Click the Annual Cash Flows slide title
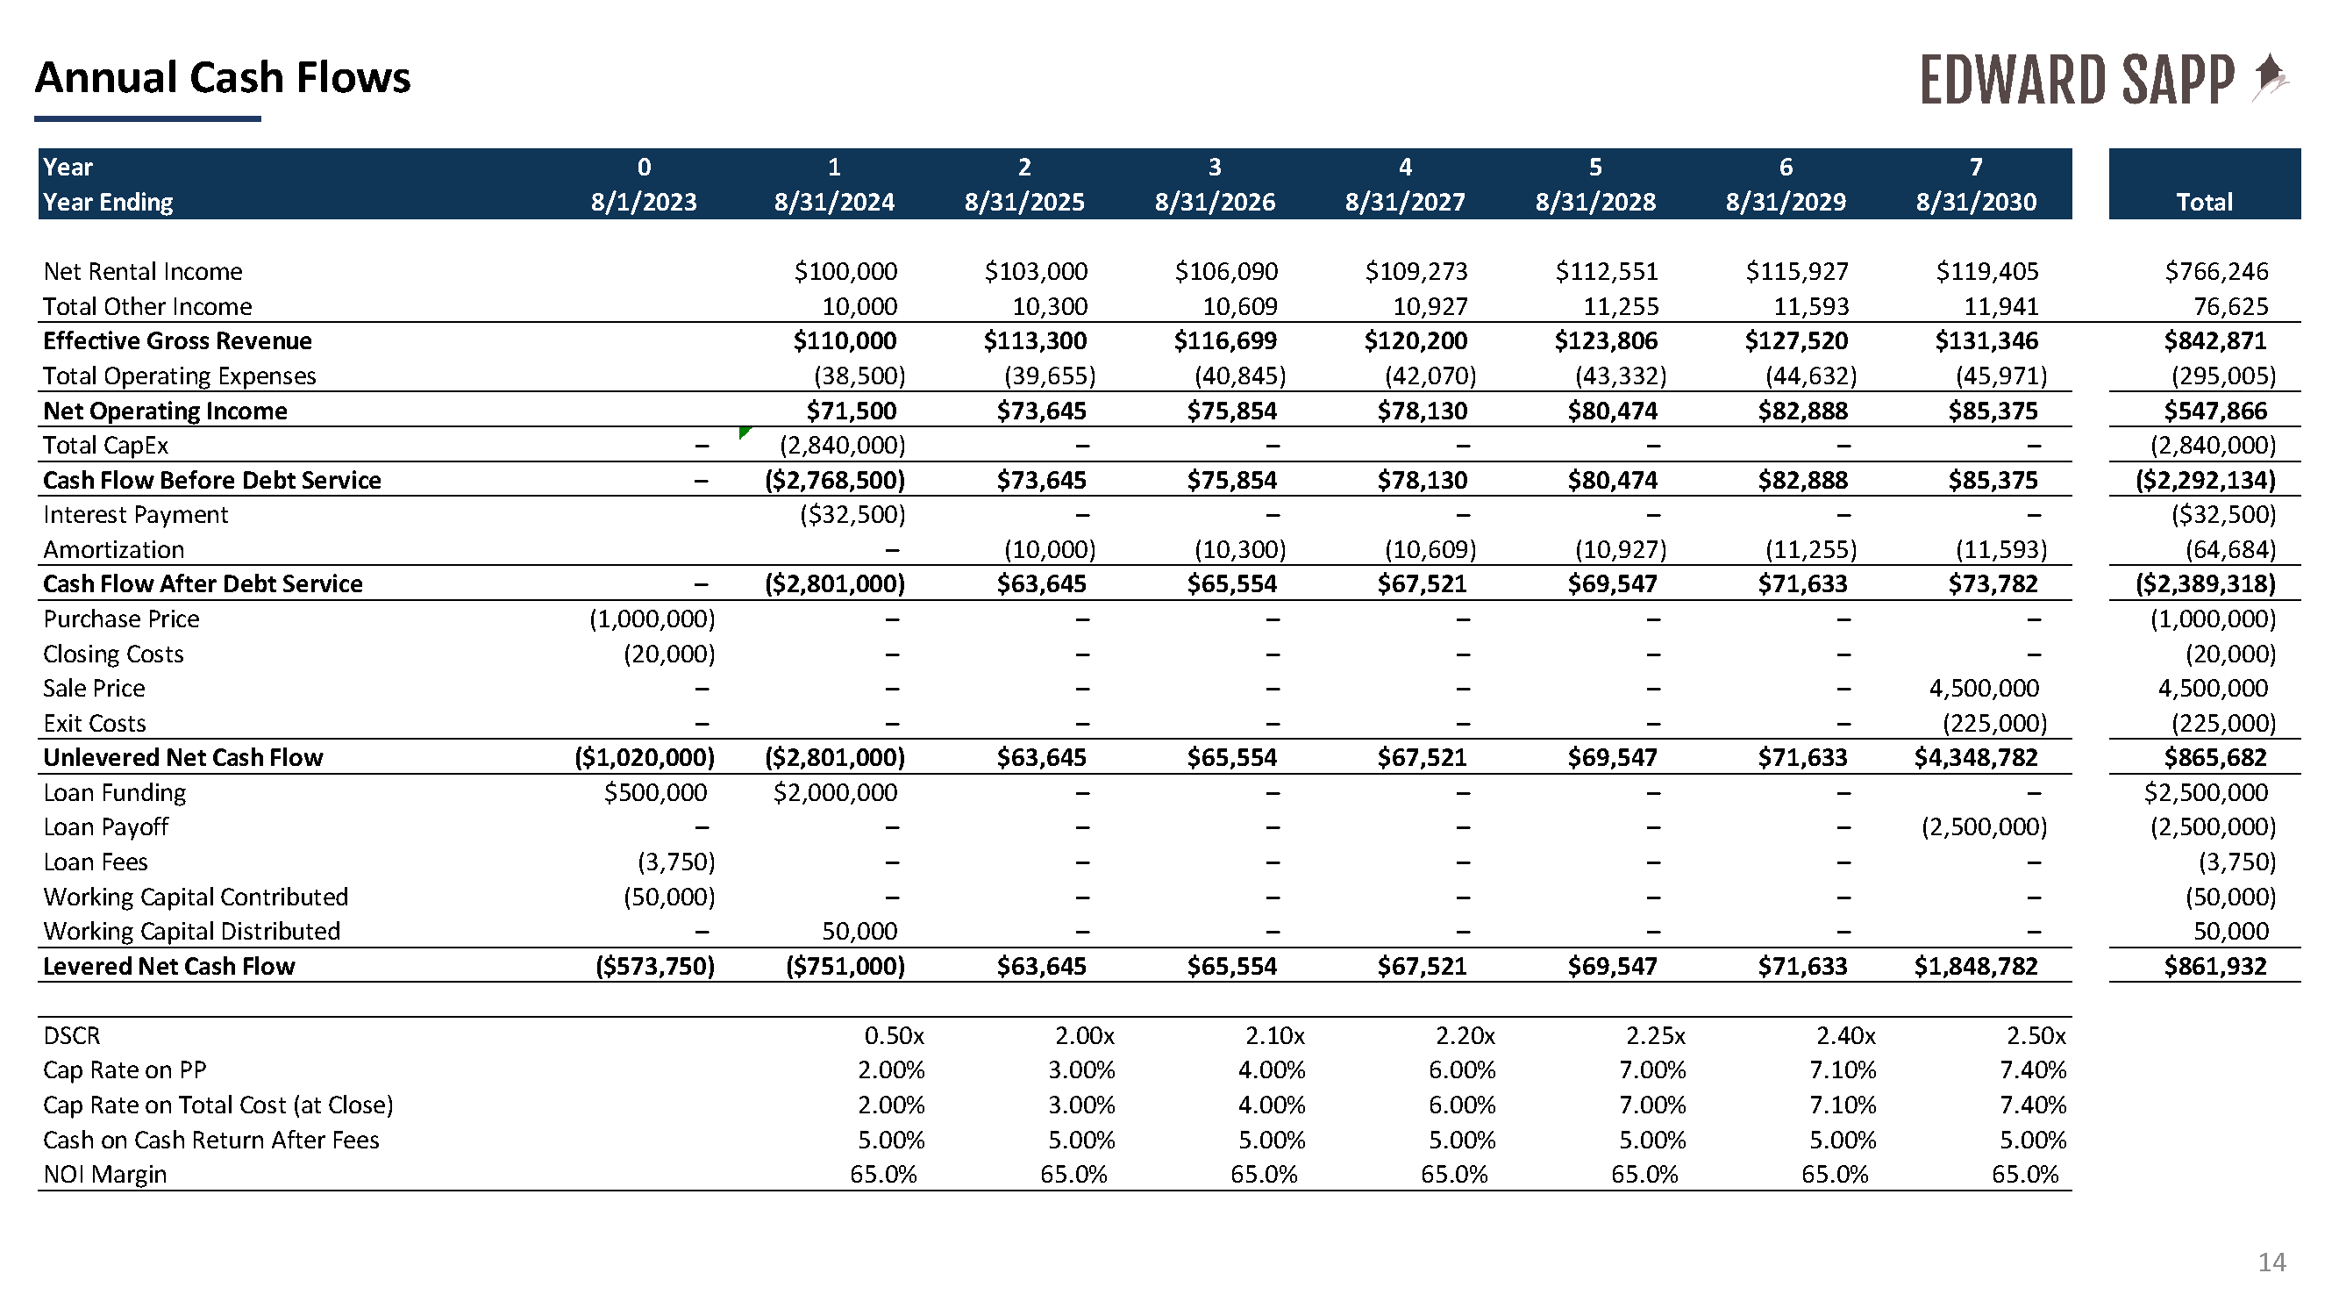[223, 78]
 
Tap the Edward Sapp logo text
[2077, 80]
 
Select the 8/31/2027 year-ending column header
[1405, 202]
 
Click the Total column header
[2204, 202]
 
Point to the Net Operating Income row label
[165, 411]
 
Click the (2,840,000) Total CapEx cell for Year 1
[843, 445]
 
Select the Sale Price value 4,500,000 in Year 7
[1984, 689]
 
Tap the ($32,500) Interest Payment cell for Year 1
[852, 515]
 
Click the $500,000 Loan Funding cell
[656, 793]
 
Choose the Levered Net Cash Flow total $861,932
[2214, 966]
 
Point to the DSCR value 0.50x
[894, 1035]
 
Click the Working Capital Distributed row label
[191, 932]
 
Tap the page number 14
[2271, 1262]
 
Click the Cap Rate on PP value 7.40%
[2032, 1069]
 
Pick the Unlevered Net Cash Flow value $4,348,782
[1976, 757]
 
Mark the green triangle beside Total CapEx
[745, 432]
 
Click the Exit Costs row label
[95, 724]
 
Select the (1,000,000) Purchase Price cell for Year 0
[652, 619]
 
